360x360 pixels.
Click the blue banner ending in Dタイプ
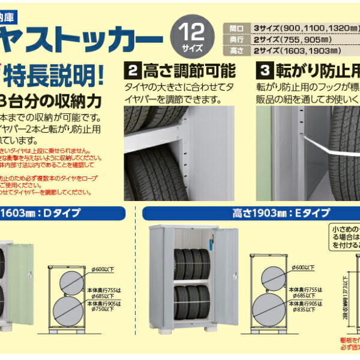click(60, 212)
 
